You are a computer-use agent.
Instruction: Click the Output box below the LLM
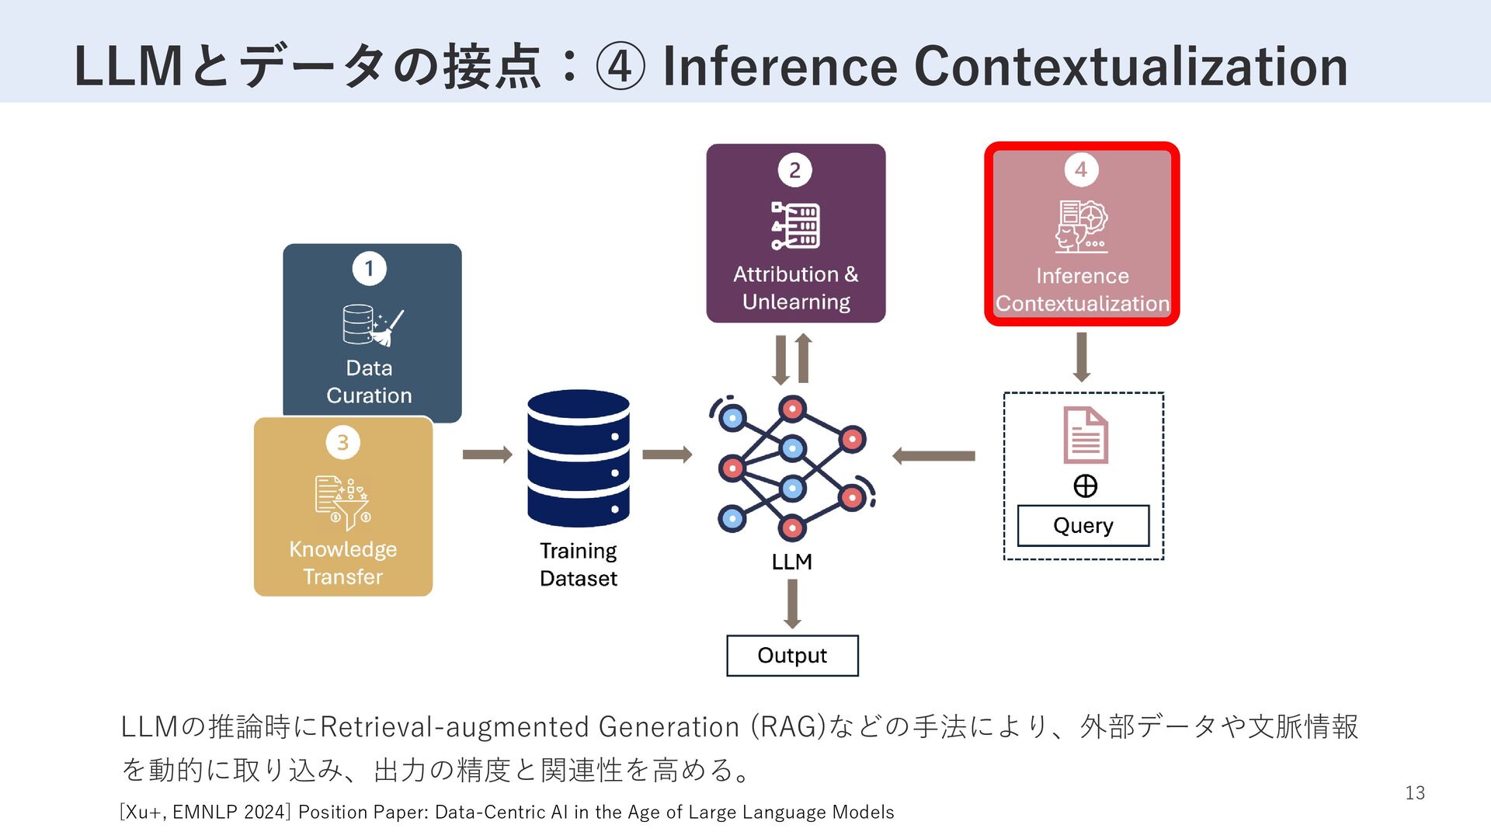click(x=792, y=656)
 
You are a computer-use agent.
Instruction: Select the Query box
click(x=1083, y=526)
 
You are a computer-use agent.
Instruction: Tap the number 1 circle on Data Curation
click(x=369, y=269)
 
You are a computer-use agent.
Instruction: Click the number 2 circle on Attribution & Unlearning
click(x=794, y=170)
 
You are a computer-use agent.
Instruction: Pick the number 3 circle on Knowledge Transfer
click(x=342, y=442)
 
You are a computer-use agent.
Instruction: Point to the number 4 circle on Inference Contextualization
click(x=1081, y=169)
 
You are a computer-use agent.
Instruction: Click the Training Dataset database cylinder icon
click(x=578, y=458)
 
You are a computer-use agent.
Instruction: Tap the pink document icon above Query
click(x=1085, y=435)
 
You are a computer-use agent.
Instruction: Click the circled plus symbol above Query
click(x=1085, y=486)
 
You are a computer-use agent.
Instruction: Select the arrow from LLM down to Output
click(x=792, y=604)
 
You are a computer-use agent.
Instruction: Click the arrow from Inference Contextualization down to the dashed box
click(x=1081, y=357)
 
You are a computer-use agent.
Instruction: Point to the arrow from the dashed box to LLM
click(x=933, y=456)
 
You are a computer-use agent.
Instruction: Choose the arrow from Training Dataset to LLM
click(x=666, y=454)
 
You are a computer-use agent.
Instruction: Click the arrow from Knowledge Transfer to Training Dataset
click(x=487, y=454)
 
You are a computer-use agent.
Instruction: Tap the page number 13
click(x=1415, y=793)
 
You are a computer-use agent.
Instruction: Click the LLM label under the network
click(x=791, y=562)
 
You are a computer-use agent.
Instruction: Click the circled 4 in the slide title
click(x=620, y=67)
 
